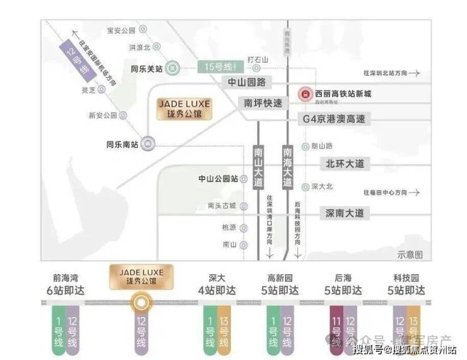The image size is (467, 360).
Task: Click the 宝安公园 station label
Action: [122, 30]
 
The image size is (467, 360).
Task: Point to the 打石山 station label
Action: [258, 59]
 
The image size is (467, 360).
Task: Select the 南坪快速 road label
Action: [263, 103]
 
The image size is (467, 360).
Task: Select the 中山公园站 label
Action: [218, 179]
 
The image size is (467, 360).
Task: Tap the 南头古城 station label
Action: [221, 205]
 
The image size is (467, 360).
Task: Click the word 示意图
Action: [410, 254]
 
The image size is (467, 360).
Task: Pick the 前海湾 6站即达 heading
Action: [68, 284]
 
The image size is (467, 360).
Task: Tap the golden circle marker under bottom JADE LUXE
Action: [140, 304]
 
